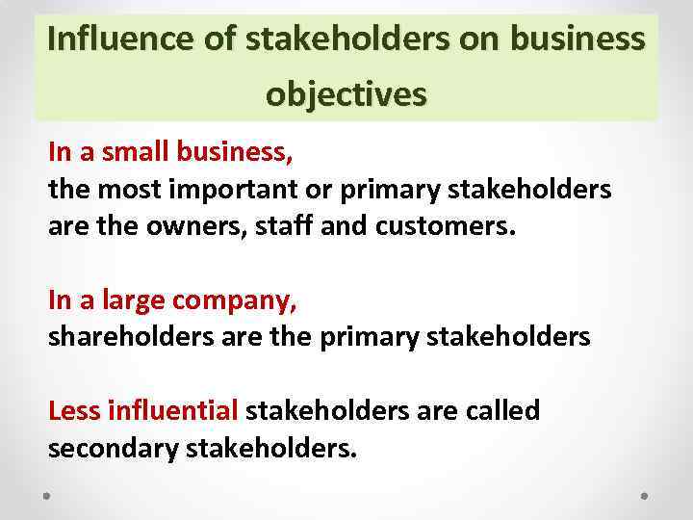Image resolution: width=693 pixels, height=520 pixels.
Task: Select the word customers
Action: [448, 226]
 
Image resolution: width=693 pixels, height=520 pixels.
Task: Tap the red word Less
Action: [75, 411]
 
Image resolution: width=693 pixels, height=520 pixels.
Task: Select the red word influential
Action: [173, 411]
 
